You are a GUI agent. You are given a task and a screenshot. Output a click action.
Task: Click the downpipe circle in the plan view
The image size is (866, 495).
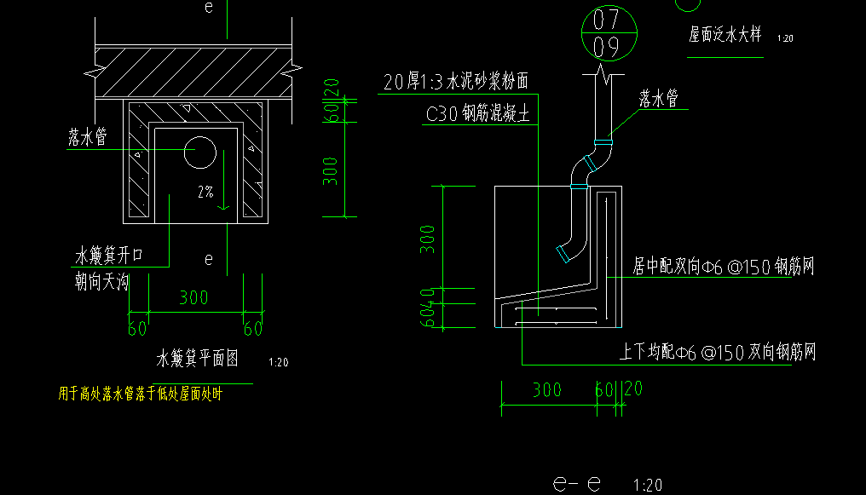200,150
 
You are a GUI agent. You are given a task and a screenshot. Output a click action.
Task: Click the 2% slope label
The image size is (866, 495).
205,193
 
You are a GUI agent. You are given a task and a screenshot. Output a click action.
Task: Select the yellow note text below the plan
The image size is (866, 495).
139,394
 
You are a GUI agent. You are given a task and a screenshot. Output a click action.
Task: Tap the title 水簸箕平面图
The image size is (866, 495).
197,359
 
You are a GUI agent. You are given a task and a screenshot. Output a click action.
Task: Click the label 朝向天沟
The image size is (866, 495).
102,282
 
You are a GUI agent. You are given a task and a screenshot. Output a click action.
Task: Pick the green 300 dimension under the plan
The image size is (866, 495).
193,298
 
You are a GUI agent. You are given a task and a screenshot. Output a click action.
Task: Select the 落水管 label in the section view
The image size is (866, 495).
659,100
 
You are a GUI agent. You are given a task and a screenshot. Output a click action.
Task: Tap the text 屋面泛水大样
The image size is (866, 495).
725,37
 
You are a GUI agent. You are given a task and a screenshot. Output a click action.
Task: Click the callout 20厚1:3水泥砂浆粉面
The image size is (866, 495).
456,82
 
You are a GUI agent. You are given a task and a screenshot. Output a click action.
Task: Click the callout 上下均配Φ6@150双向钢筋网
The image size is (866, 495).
718,351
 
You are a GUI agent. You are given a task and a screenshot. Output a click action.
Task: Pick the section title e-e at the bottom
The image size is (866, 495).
577,483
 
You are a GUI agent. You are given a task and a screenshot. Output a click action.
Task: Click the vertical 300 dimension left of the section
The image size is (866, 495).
428,239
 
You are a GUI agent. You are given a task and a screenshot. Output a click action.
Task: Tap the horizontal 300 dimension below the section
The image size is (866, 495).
546,389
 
